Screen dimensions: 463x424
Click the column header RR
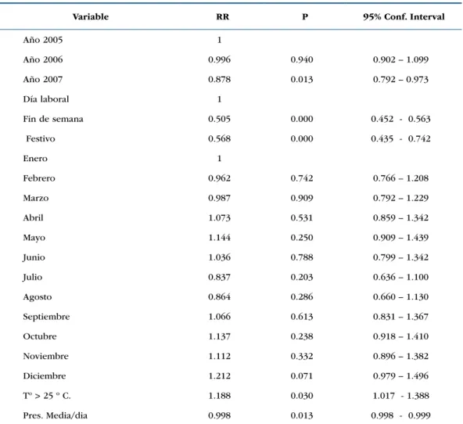tap(222, 16)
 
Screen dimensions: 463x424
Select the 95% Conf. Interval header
tap(404, 16)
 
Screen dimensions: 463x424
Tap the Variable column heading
tap(91, 16)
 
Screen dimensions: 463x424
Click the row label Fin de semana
tap(53, 119)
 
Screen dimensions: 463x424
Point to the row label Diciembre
tap(45, 375)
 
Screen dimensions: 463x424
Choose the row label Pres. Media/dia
tap(56, 415)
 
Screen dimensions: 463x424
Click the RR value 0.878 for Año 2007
tap(219, 80)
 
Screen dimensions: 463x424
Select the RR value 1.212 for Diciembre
tap(219, 375)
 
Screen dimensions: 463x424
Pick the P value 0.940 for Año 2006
tap(301, 59)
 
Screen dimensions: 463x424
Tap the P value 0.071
tap(301, 375)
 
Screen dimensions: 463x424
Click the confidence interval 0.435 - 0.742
tap(400, 138)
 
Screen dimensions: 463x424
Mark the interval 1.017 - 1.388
tap(400, 396)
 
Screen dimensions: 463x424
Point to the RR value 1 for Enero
tap(219, 159)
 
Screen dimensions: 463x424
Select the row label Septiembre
tap(46, 317)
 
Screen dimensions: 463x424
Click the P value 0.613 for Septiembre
tap(301, 317)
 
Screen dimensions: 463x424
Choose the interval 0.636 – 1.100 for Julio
tap(400, 277)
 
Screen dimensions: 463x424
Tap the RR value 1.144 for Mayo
tap(219, 238)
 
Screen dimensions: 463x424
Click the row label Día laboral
tap(46, 99)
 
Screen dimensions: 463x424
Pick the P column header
tap(305, 16)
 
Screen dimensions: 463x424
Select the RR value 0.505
tap(219, 119)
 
